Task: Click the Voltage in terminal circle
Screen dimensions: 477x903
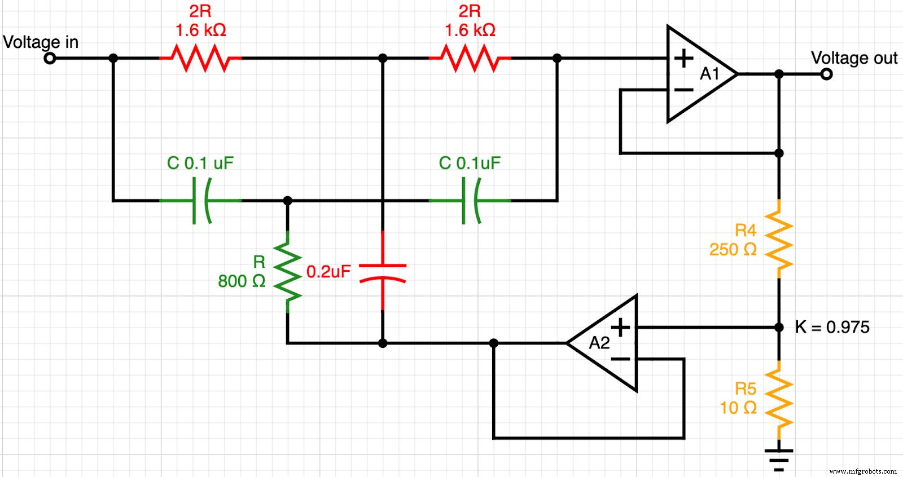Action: [50, 58]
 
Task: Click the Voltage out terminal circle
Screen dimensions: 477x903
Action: [826, 74]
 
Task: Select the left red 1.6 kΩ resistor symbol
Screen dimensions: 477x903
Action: [200, 58]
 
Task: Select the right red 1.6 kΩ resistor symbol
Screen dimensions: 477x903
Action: [470, 58]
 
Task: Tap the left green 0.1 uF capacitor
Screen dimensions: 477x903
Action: [201, 200]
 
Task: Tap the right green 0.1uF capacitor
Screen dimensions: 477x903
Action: [470, 200]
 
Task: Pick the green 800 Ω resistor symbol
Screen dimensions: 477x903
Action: [288, 272]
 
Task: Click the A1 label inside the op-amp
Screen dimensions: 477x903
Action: [709, 74]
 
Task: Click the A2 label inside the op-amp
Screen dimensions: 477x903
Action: [599, 343]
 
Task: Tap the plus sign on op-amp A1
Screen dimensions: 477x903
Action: [683, 58]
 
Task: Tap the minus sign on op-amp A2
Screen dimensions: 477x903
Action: [620, 359]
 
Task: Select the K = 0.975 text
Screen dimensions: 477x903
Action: [832, 327]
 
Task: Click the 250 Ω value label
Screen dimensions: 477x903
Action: [733, 249]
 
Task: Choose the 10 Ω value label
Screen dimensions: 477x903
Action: [738, 407]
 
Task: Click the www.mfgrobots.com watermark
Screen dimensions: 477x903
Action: [862, 471]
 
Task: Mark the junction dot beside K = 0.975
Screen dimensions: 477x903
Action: [779, 327]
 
